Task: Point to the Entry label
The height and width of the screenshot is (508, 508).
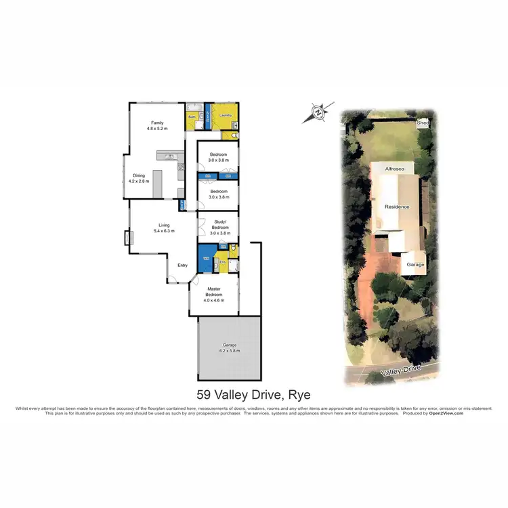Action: coord(182,265)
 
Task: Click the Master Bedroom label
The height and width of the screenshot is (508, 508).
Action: coord(215,292)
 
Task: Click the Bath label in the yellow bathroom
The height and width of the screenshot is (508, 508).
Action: coord(192,117)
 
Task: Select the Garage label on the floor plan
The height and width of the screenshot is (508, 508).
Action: coord(228,347)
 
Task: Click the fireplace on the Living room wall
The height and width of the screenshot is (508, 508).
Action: coord(127,238)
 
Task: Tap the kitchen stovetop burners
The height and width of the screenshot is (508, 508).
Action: coord(181,167)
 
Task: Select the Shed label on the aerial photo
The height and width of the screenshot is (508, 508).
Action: coord(423,123)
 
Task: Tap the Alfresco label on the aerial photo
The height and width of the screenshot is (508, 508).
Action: coord(394,167)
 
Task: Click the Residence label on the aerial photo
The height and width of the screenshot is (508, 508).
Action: coord(398,207)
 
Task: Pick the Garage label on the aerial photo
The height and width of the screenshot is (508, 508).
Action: coord(415,264)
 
